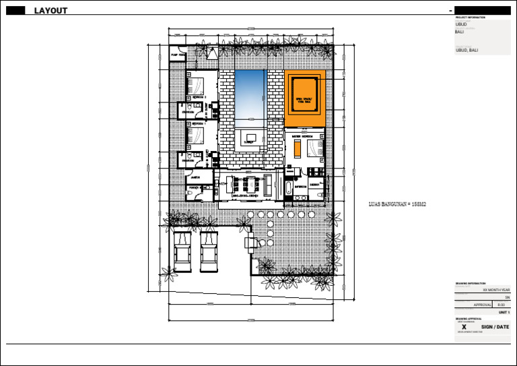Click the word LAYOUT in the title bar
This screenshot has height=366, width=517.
point(50,11)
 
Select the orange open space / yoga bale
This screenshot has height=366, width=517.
point(305,98)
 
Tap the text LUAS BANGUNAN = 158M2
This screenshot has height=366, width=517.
point(398,204)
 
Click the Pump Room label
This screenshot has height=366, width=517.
point(178,55)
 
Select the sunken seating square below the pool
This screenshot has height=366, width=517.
point(249,138)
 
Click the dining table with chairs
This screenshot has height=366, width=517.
point(246,185)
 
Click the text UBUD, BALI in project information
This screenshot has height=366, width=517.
point(467,50)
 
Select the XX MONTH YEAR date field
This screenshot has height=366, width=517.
point(497,289)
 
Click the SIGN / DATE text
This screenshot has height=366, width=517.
point(495,327)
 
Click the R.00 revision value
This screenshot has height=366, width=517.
point(501,305)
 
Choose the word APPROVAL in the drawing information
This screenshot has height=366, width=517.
point(483,305)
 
